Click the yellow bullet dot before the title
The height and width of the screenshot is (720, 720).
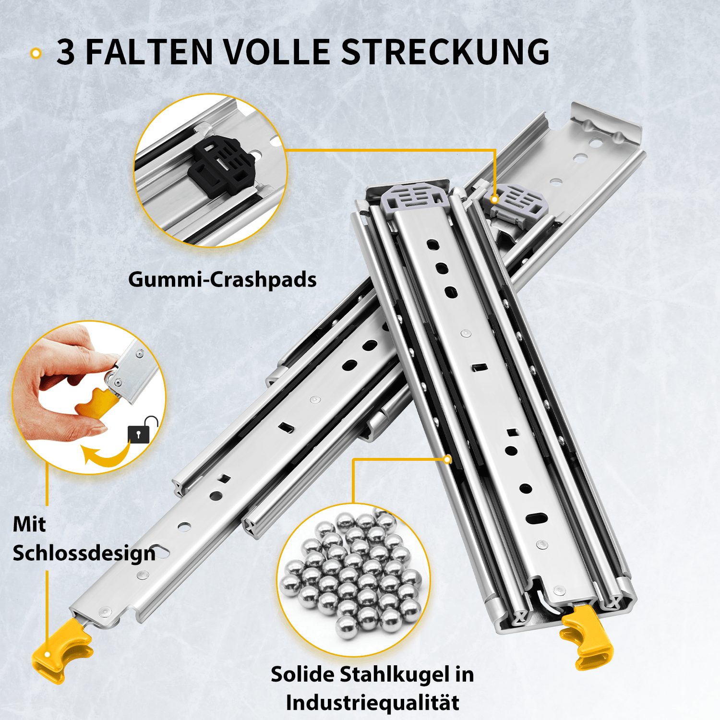click(x=36, y=53)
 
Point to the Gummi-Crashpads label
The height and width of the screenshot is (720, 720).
click(x=222, y=279)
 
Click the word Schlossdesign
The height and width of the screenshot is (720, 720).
click(x=84, y=553)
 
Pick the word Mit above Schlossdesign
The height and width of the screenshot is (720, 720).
click(x=29, y=524)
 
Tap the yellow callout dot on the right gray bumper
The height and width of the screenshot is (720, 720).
click(x=494, y=199)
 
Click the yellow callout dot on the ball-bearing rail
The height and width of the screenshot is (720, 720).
click(x=447, y=459)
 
